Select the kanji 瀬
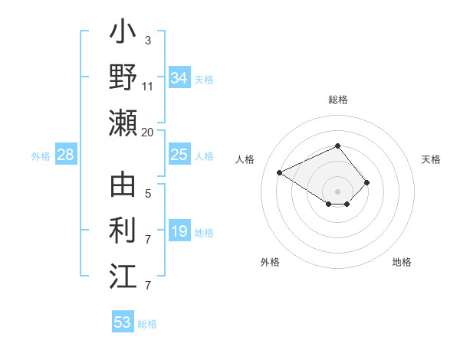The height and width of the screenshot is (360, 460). click(123, 123)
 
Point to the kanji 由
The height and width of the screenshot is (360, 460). click(123, 186)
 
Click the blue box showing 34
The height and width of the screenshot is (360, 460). click(179, 78)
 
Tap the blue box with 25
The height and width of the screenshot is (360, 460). click(179, 155)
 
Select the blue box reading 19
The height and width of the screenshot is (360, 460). click(179, 232)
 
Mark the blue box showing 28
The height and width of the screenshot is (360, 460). click(66, 155)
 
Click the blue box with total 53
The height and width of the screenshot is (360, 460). click(123, 322)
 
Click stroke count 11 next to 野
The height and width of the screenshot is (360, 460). click(147, 87)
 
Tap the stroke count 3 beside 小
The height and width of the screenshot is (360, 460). click(147, 40)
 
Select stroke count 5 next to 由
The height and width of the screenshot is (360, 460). click(147, 195)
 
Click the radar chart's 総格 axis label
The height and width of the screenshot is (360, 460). click(338, 100)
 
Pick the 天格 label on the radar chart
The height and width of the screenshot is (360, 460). click(432, 159)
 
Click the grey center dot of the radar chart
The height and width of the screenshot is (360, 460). click(338, 191)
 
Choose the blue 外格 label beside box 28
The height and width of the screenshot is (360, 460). click(41, 156)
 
